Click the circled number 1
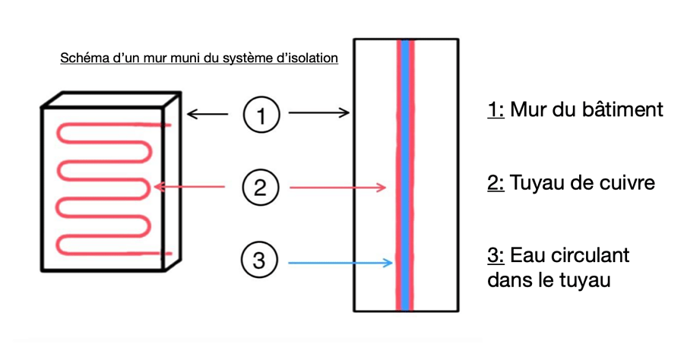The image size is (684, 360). [261, 115]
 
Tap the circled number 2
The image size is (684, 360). [261, 187]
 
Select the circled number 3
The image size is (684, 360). [260, 261]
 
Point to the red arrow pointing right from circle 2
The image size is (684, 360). [339, 187]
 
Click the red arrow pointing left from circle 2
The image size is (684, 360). [189, 186]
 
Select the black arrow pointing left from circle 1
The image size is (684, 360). [206, 115]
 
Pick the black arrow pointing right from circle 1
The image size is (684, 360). [318, 115]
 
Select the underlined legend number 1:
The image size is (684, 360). [496, 110]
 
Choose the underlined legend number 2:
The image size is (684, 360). [496, 184]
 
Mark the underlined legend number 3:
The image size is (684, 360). [496, 255]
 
